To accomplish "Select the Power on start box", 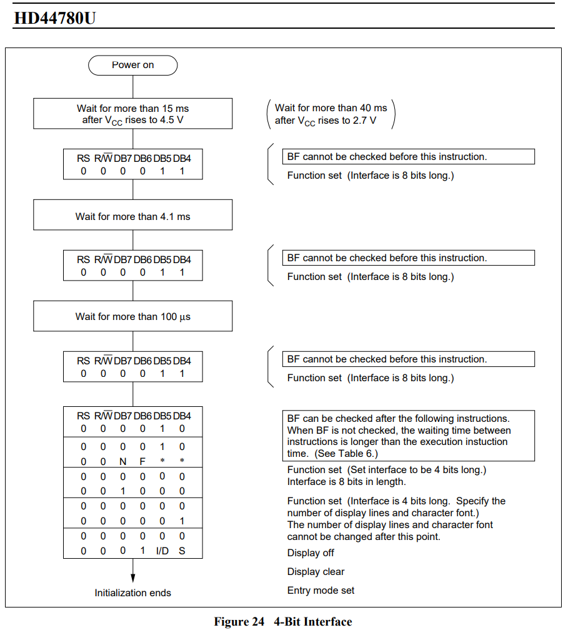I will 132,65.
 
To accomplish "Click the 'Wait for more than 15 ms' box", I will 132,114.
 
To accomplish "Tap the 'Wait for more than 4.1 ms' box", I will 132,216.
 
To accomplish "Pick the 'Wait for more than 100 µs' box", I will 132,316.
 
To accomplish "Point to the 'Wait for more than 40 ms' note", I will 331,114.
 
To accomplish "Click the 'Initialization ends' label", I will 132,592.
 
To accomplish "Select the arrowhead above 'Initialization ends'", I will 132,579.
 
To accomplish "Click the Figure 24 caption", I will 282,621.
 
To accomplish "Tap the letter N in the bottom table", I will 122,461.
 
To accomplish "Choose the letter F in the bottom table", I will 142,461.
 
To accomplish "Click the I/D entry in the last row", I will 162,551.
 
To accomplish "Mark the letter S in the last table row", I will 182,551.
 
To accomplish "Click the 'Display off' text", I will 311,552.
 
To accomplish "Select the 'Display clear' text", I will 316,571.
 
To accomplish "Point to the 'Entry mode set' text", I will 321,590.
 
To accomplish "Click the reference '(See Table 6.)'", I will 346,453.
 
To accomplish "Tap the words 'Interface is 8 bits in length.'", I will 347,481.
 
